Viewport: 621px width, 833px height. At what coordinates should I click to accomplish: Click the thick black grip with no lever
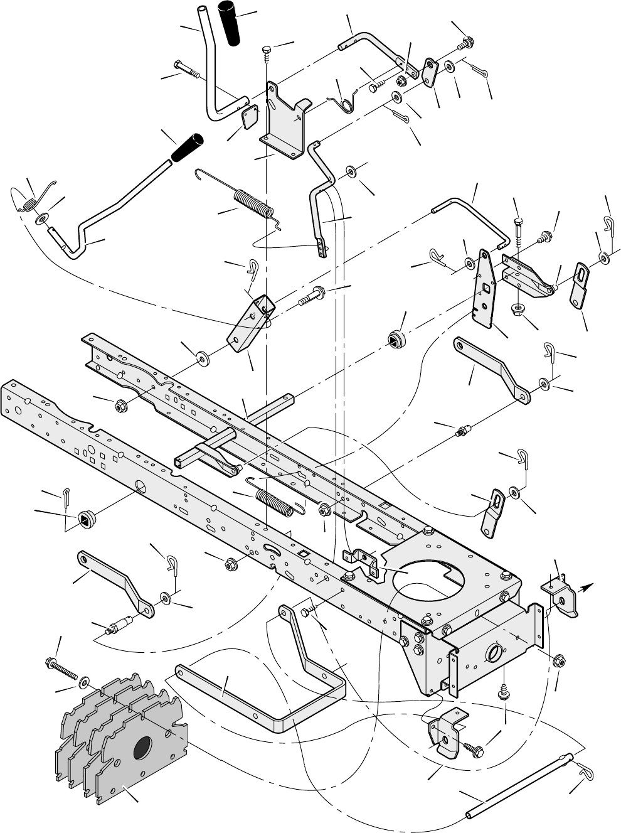tap(230, 24)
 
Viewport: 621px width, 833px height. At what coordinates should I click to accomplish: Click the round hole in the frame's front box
tap(494, 652)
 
